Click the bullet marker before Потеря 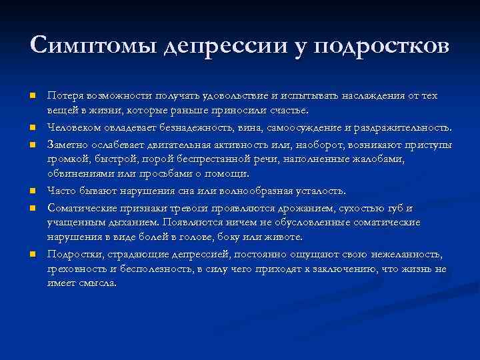[31, 95]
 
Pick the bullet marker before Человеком [31, 127]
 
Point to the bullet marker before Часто [31, 190]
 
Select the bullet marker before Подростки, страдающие [31, 254]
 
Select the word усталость [317, 190]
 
